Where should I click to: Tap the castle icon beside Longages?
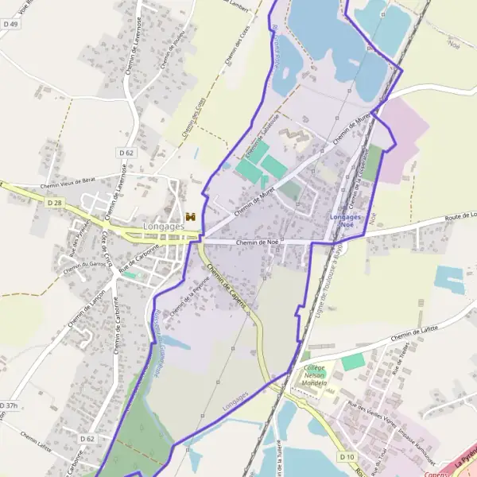coord(190,217)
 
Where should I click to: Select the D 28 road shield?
coord(54,204)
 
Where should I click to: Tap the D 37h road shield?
coord(8,405)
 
